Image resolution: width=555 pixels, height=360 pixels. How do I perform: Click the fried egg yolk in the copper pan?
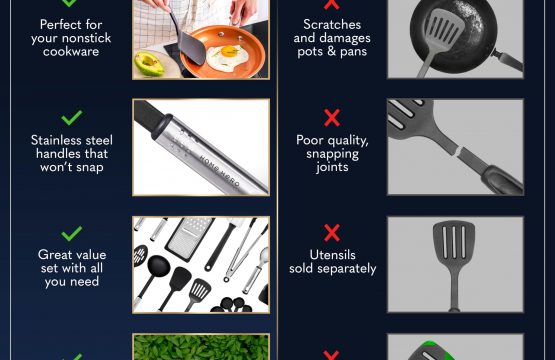click(228, 51)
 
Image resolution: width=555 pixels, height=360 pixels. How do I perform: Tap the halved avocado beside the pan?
click(149, 64)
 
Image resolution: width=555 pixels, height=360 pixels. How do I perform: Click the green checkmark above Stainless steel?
click(71, 118)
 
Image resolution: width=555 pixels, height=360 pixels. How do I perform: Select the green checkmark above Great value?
click(71, 234)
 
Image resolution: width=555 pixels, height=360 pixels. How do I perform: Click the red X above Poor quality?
click(332, 118)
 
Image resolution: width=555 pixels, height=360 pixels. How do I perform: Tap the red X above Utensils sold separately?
click(332, 233)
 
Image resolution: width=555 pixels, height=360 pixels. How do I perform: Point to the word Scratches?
click(332, 24)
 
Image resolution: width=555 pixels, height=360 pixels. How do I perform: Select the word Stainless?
click(57, 140)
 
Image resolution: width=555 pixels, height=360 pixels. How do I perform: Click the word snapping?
click(332, 154)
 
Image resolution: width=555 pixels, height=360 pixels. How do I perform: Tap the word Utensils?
click(332, 255)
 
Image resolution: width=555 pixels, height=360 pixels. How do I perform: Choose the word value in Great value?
click(90, 255)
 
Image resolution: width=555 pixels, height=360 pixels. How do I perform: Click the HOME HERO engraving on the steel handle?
click(219, 171)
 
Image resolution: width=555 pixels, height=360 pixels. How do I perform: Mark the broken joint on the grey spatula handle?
click(459, 151)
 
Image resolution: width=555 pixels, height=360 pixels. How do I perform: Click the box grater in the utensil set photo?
click(189, 235)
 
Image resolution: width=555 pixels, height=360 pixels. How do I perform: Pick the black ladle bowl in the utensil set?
click(158, 266)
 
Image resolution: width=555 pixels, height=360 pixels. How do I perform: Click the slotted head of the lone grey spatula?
click(454, 240)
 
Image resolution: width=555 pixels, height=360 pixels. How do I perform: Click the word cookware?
click(71, 52)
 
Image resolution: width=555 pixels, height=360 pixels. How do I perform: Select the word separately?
click(347, 269)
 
